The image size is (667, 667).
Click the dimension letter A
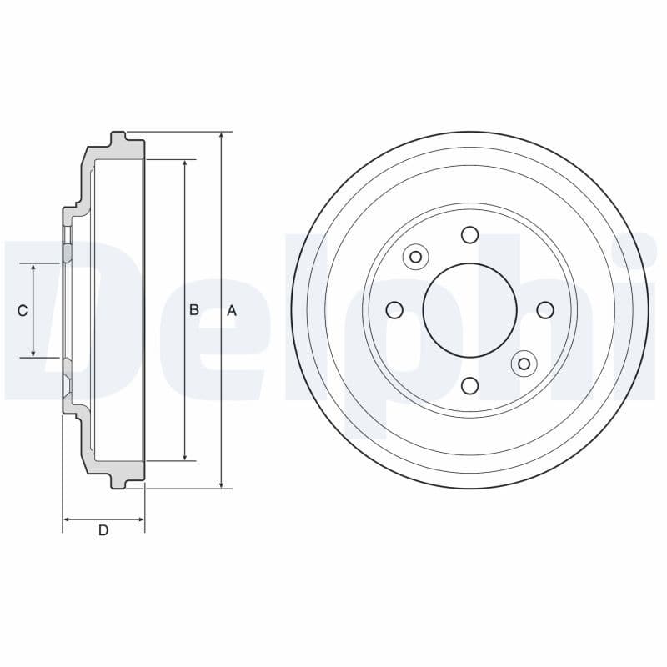(x=232, y=310)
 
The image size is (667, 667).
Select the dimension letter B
(x=193, y=310)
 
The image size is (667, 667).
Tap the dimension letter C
(x=23, y=311)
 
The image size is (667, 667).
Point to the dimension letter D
(x=103, y=530)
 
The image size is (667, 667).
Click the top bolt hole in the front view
(x=469, y=235)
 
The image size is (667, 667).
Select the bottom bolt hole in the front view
(x=469, y=385)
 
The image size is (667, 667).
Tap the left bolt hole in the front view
(x=394, y=310)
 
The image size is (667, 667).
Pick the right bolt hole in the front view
(x=544, y=310)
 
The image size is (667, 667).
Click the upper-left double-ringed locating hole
(x=415, y=257)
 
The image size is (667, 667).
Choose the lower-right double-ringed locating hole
(x=524, y=364)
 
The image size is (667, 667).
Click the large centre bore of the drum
(x=469, y=310)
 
